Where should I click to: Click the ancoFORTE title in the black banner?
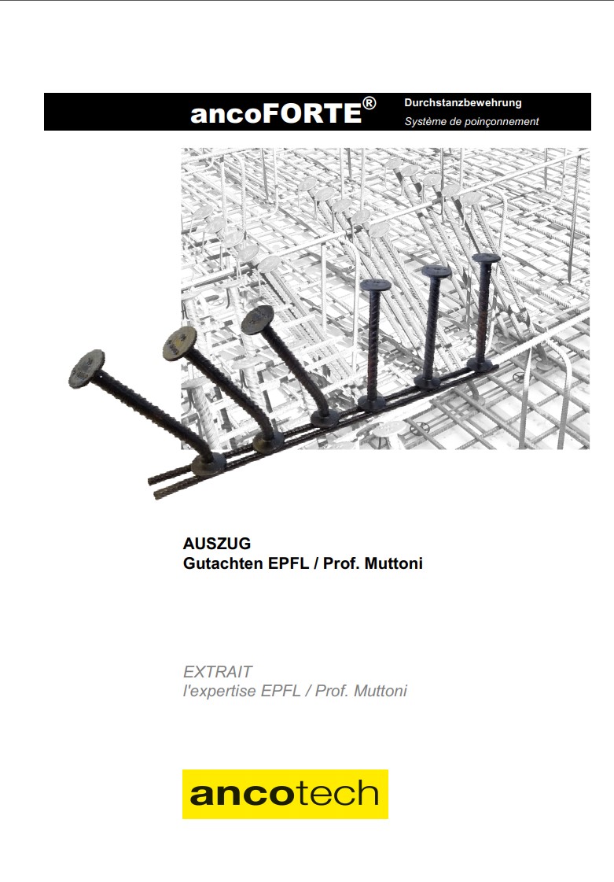click(283, 112)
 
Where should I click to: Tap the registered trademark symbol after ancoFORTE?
click(369, 104)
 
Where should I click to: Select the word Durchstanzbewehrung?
click(463, 103)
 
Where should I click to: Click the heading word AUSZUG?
click(217, 544)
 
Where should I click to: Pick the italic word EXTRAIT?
click(218, 672)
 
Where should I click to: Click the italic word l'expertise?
click(219, 692)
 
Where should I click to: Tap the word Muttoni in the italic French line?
click(380, 691)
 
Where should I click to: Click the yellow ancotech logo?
click(285, 794)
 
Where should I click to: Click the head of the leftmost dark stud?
click(87, 369)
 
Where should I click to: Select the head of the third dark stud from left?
click(259, 321)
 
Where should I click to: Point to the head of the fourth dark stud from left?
click(376, 285)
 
